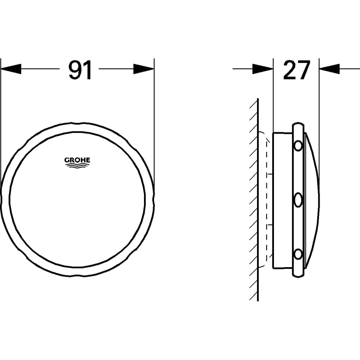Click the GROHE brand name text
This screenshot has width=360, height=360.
pos(77,160)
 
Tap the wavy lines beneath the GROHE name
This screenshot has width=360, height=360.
pos(77,166)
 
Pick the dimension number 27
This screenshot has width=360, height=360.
pos(296,70)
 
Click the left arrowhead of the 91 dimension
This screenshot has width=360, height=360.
pos(11,69)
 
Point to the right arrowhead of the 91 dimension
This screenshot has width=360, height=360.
pos(144,69)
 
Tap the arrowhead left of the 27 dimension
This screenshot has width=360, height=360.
pos(263,69)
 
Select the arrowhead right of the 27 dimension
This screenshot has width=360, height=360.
pos(329,69)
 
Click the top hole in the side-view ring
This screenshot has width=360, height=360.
pos(298,145)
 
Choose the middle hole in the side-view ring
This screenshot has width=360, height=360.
pos(298,200)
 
